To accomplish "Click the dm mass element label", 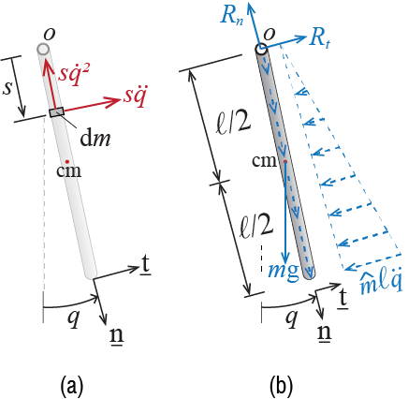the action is [95, 139].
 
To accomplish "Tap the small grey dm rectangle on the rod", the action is [57, 112].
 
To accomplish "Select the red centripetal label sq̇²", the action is [74, 74].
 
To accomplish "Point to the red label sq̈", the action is [135, 96].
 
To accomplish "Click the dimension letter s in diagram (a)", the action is [7, 88].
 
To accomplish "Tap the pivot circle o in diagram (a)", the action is [43, 49].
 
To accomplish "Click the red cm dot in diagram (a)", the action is [66, 161].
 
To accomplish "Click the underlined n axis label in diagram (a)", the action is [117, 334].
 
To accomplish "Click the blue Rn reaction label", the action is [231, 15].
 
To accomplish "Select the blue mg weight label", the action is [284, 273].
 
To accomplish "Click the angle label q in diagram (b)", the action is [292, 318].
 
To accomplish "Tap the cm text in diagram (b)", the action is [264, 161].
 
